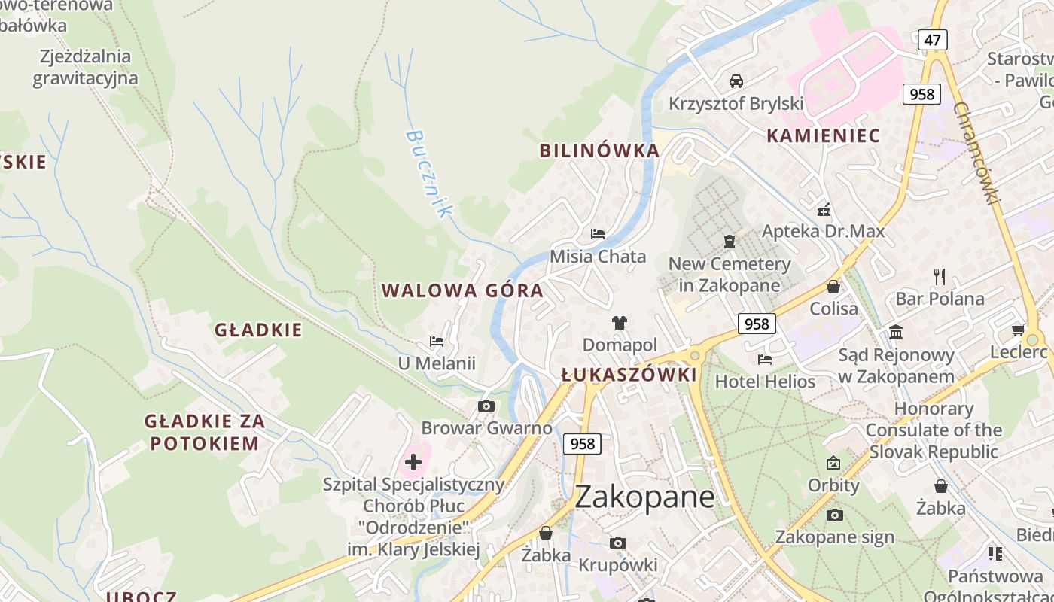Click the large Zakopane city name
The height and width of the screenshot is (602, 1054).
(x=644, y=497)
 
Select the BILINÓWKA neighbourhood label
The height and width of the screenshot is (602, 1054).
(x=599, y=150)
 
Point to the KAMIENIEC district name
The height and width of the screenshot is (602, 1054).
(x=823, y=136)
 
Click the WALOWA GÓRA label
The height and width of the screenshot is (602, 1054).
(x=462, y=291)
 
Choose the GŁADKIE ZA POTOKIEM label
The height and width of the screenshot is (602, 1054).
(x=205, y=432)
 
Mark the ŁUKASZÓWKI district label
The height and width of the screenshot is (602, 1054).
(x=629, y=375)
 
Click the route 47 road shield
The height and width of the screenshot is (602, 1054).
(x=932, y=39)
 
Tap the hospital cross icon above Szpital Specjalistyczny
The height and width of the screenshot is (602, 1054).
(x=413, y=461)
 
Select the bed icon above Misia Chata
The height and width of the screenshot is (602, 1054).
(x=598, y=234)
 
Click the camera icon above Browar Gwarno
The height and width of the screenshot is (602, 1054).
(x=486, y=406)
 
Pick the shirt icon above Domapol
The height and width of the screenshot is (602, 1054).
(x=620, y=323)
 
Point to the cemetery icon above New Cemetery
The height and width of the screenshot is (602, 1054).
(x=729, y=242)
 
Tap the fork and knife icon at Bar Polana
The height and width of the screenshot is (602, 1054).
(x=939, y=276)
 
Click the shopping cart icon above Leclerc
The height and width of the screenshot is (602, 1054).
(x=1018, y=330)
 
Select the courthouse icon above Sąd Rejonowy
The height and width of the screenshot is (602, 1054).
(x=896, y=332)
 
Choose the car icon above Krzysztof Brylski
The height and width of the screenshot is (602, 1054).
(x=736, y=81)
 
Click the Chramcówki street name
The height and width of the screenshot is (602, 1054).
(x=976, y=154)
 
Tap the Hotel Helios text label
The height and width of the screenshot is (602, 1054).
(x=765, y=382)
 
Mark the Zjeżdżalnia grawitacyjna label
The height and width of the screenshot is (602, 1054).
(x=85, y=68)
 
